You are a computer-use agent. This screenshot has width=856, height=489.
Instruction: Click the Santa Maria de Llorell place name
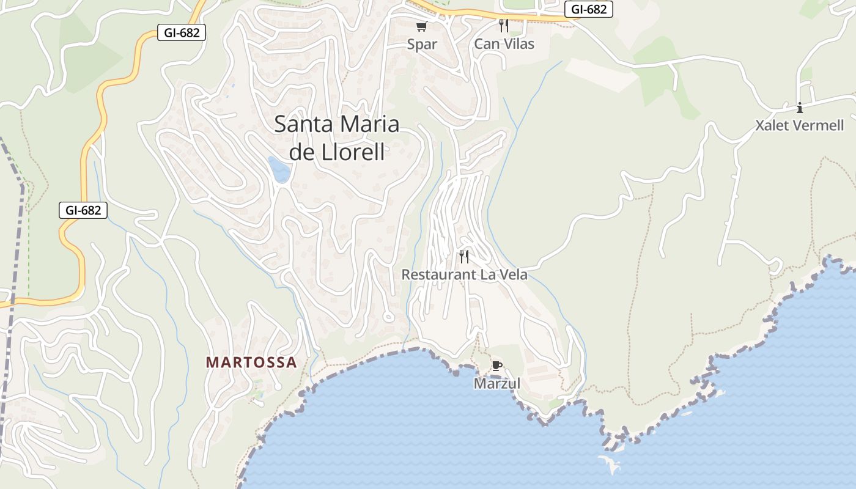point(337,138)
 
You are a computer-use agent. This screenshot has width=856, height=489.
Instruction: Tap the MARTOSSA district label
point(251,362)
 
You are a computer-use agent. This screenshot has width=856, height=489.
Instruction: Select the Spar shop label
point(422,44)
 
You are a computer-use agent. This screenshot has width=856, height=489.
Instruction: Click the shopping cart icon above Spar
point(421,26)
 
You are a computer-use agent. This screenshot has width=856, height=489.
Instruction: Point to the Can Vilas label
point(504,44)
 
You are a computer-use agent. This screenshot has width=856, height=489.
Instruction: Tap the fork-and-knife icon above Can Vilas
point(504,25)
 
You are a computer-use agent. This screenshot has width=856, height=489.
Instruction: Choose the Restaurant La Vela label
point(464,274)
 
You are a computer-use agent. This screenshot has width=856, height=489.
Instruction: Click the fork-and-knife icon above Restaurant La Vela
point(464,256)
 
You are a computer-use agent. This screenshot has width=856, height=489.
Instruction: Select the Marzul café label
point(497,383)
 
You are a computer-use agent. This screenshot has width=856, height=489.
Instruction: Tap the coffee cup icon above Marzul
point(497,366)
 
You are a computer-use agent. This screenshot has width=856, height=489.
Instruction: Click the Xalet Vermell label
point(800,125)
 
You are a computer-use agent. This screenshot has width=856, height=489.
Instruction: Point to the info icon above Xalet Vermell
point(800,108)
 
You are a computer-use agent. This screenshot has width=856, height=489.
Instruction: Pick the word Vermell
point(818,125)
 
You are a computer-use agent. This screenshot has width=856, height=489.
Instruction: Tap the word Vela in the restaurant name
point(513,274)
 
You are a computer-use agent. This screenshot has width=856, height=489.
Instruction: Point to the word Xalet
point(772,125)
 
